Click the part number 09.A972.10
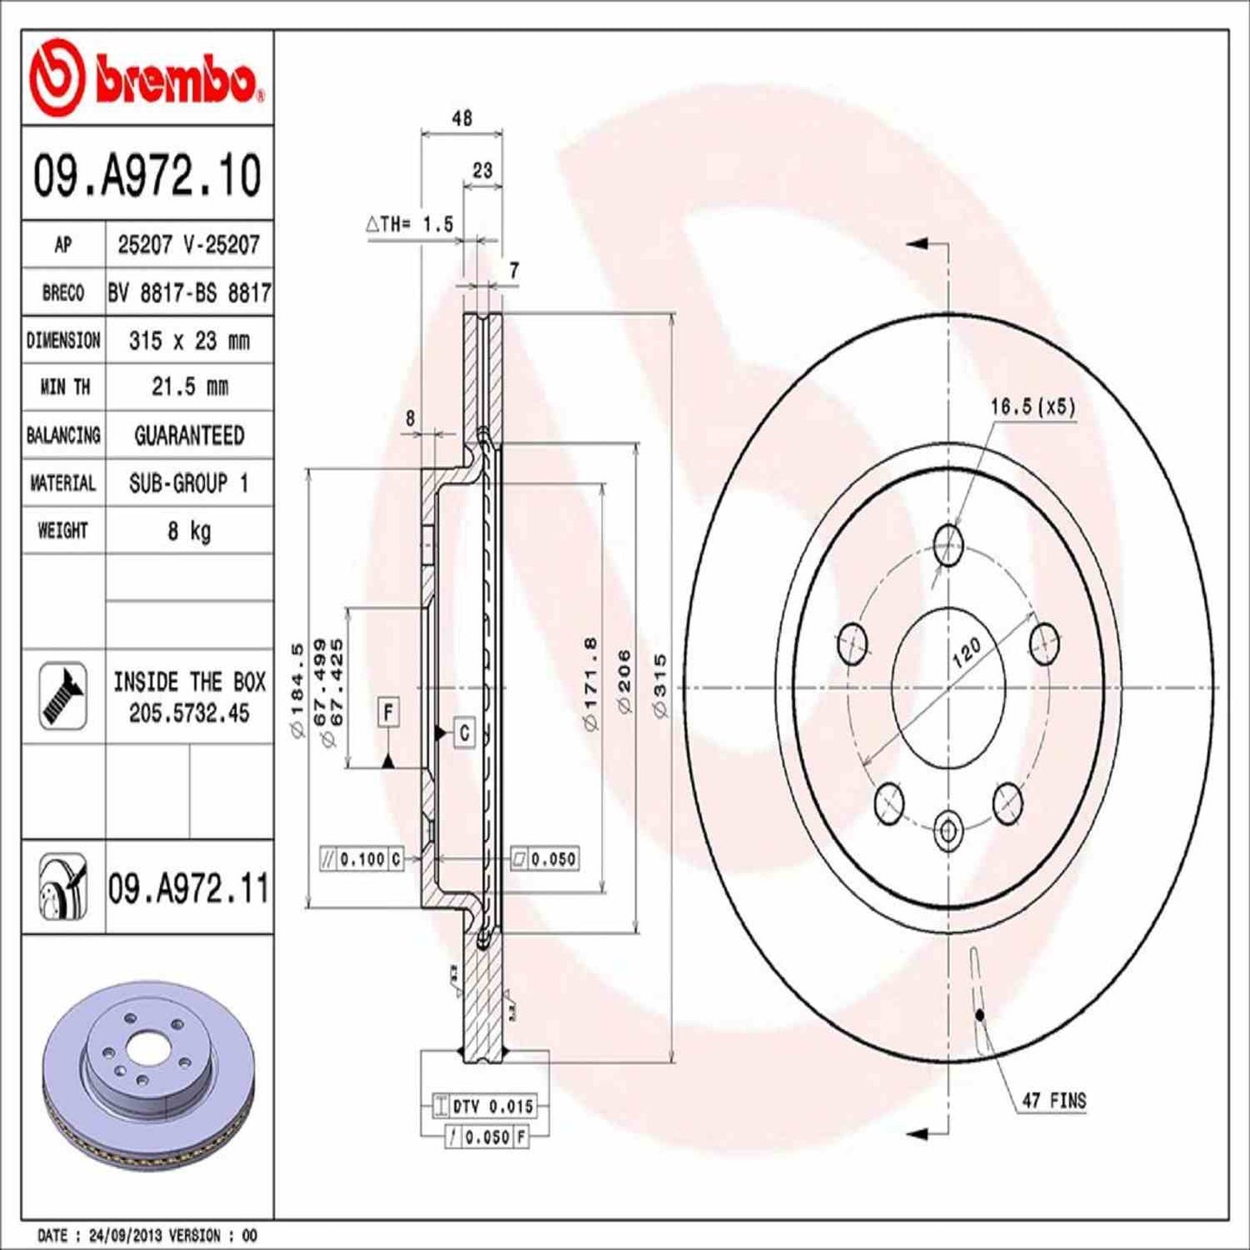(147, 175)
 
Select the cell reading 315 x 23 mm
(189, 341)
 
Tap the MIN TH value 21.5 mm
(189, 387)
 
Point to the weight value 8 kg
(189, 530)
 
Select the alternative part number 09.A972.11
(188, 888)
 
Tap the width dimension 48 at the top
(462, 119)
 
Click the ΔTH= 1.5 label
(410, 225)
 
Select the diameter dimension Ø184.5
(296, 689)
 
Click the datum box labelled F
(388, 713)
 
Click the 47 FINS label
(1053, 1101)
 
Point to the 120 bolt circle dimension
(966, 651)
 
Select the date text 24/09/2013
(117, 1235)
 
